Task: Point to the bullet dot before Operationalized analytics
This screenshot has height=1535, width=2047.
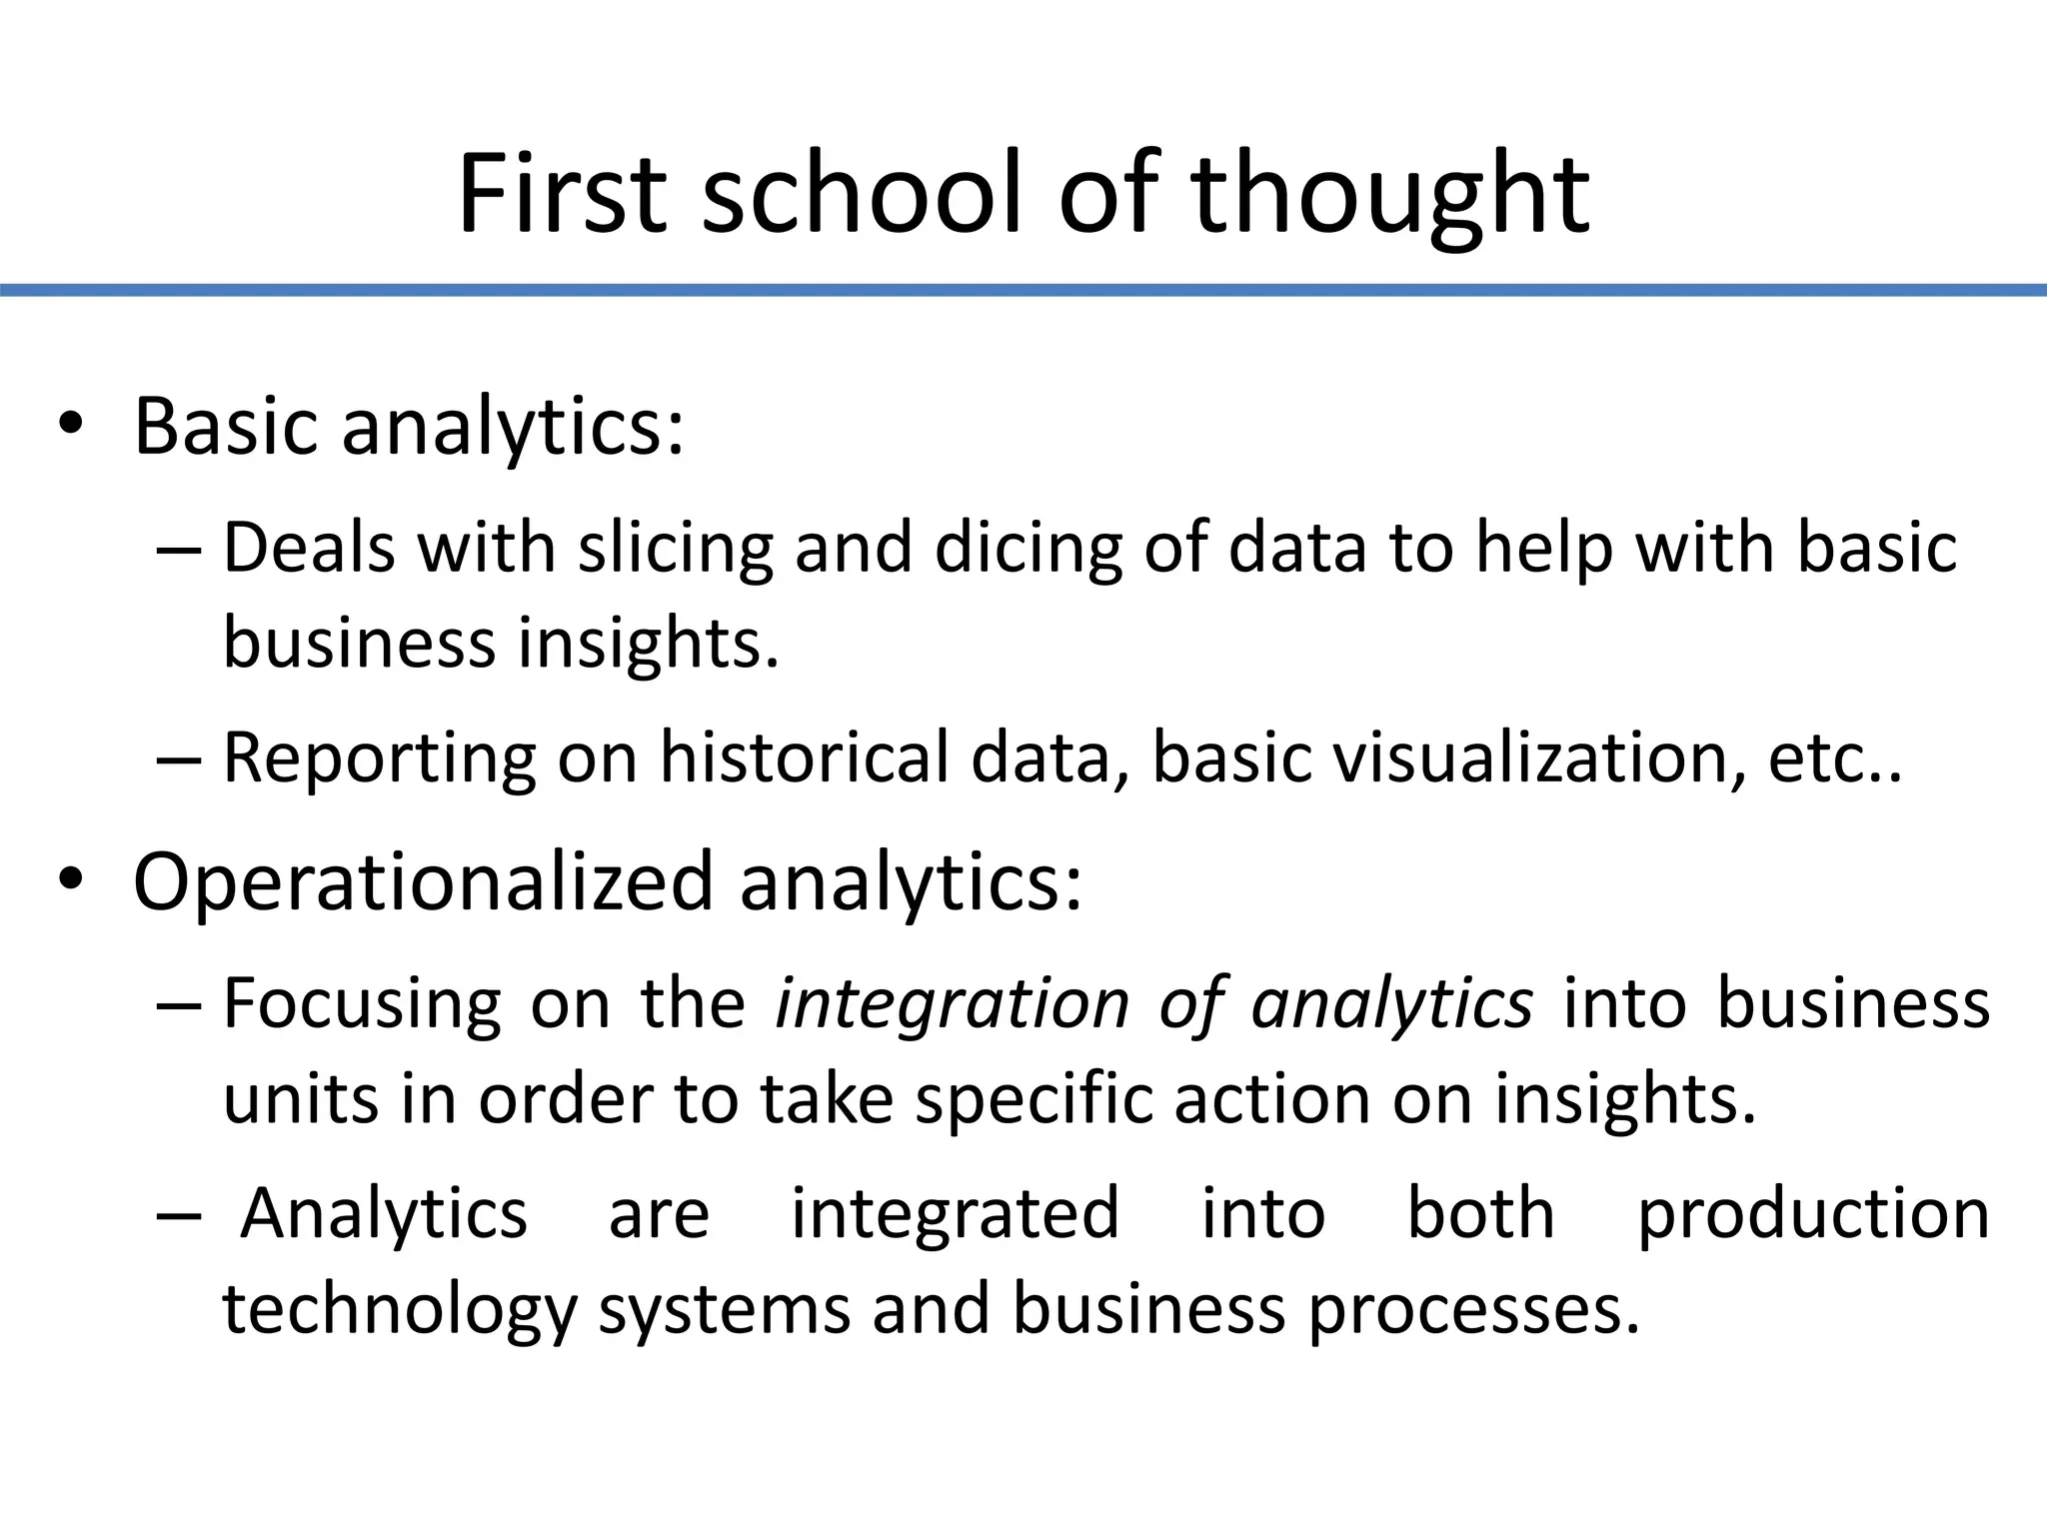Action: tap(70, 880)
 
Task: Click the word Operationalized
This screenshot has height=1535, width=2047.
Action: tap(423, 882)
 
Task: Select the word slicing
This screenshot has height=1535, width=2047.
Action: tap(676, 549)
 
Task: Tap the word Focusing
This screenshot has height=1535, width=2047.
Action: tap(362, 1003)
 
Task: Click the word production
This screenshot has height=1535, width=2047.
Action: tap(1813, 1213)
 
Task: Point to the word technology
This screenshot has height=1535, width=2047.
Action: tap(399, 1309)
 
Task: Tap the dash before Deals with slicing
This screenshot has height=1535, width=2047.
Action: tap(179, 551)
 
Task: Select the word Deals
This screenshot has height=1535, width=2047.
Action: tap(309, 549)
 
